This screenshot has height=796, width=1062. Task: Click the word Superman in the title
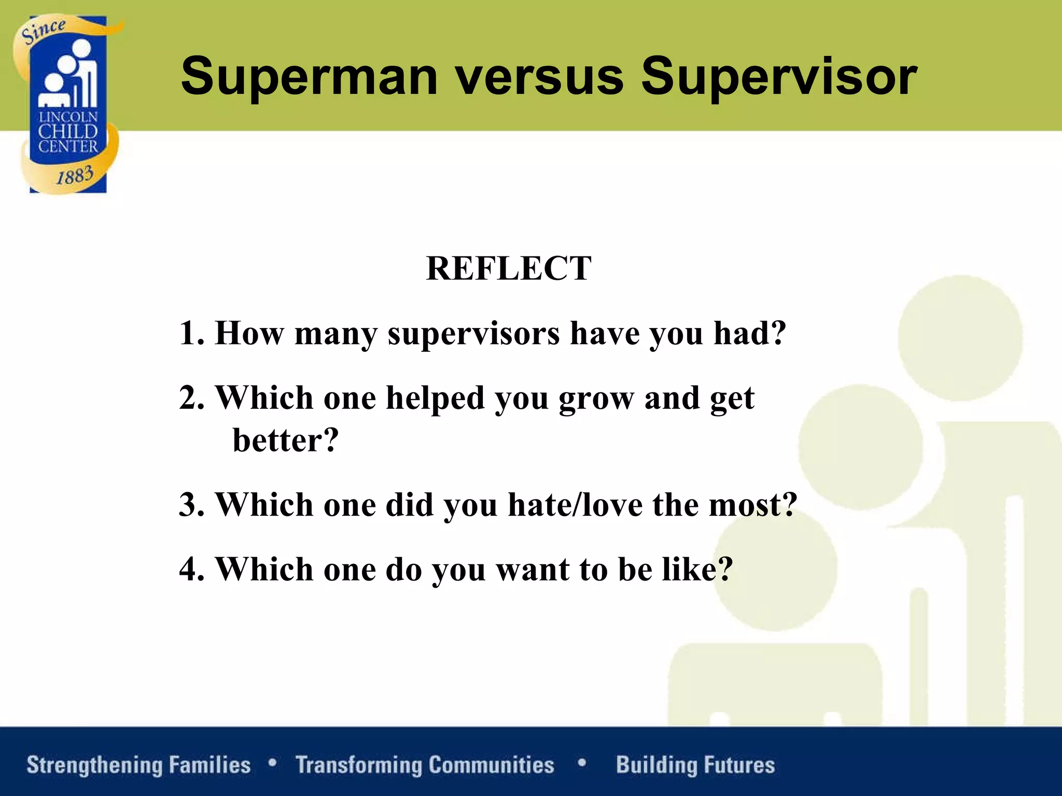pos(309,77)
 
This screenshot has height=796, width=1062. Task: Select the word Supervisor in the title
pos(779,77)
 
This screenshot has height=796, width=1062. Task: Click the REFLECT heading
pos(508,268)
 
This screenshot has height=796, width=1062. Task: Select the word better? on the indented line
pos(285,440)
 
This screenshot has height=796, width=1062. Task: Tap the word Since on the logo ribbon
pos(44,31)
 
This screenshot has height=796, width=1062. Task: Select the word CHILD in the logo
pos(68,132)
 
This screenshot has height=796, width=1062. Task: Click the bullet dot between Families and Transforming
pos(272,763)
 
